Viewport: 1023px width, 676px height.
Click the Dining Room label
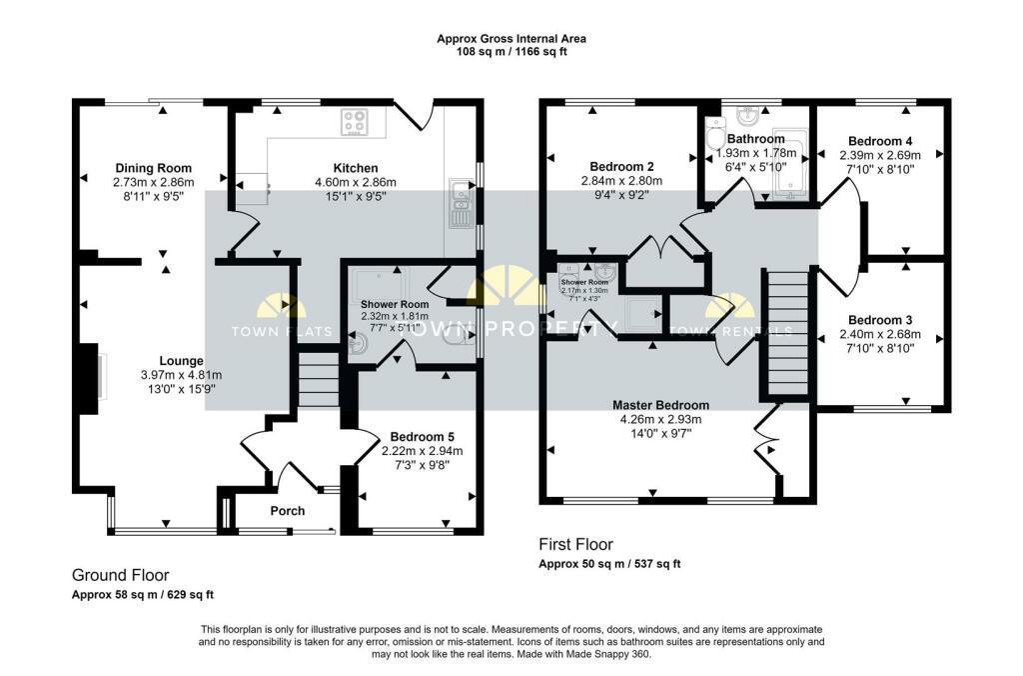[x=153, y=168]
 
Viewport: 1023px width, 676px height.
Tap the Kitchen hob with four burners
[x=355, y=122]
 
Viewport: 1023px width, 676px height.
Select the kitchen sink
[x=461, y=205]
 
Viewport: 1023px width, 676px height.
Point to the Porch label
[x=288, y=511]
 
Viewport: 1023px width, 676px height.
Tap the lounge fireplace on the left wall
[x=92, y=377]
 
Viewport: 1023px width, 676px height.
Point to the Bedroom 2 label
[x=622, y=166]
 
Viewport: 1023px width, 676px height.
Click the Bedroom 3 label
[x=879, y=320]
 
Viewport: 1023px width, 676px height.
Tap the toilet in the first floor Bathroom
[x=714, y=138]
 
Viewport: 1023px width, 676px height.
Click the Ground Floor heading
[x=120, y=575]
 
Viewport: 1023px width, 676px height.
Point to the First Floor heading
[x=576, y=545]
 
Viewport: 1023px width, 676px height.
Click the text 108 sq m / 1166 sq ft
[x=511, y=52]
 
